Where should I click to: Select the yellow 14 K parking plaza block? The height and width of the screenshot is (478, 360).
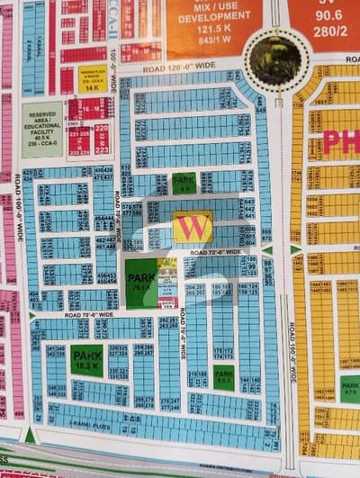92,83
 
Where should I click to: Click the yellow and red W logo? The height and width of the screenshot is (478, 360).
193,228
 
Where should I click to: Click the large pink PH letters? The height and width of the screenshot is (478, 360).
342,142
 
